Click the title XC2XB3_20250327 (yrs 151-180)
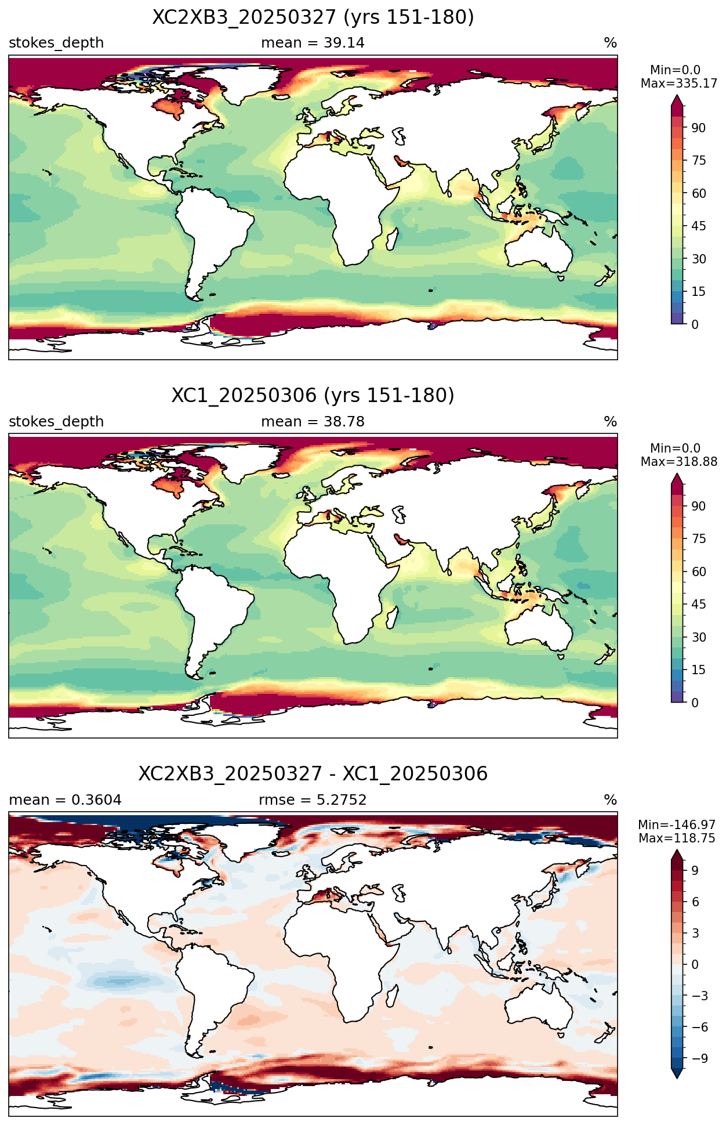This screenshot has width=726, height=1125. (x=313, y=17)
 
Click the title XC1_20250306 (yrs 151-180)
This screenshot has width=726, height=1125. (x=313, y=396)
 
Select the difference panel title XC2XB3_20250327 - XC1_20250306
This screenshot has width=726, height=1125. (x=313, y=774)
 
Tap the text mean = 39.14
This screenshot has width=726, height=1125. (x=313, y=43)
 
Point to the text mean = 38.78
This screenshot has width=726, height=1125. (x=313, y=422)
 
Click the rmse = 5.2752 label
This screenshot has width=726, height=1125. (x=313, y=800)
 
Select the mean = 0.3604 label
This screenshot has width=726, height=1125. (x=65, y=800)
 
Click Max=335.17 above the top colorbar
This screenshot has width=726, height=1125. (x=679, y=84)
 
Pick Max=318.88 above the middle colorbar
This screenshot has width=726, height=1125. (x=679, y=462)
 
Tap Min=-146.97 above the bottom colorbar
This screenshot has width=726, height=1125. (x=677, y=825)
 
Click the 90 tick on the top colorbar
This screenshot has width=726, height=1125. (x=698, y=128)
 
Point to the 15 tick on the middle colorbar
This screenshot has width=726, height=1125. (x=698, y=670)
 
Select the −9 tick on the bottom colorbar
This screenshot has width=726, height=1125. (x=699, y=1058)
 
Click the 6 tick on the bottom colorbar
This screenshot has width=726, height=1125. (x=695, y=902)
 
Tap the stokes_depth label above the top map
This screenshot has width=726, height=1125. (x=56, y=43)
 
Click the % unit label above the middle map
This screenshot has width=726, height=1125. (x=611, y=422)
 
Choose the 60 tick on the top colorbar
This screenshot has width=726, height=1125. (x=698, y=194)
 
